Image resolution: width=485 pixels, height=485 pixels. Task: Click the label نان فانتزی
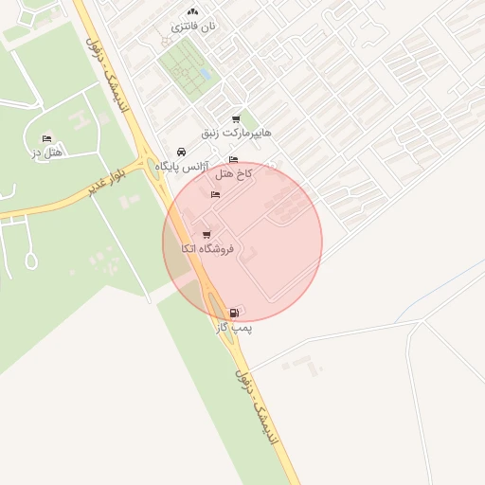click(193, 27)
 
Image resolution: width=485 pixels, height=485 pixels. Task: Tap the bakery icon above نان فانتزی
click(192, 11)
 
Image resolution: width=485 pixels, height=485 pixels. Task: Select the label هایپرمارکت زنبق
click(236, 133)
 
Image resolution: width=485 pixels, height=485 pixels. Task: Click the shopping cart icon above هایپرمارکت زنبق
click(235, 118)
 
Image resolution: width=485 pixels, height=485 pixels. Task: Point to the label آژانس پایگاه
click(180, 166)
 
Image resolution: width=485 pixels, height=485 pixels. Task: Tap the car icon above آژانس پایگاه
click(181, 152)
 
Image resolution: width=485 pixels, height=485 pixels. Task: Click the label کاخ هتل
click(233, 174)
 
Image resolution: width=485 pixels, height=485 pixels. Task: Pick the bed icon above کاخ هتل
click(234, 160)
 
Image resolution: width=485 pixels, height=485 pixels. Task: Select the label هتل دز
click(46, 153)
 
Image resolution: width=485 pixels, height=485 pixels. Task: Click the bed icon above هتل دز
click(46, 138)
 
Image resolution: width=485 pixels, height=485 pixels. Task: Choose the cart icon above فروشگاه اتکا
click(207, 234)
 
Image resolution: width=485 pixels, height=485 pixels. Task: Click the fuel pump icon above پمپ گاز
click(234, 312)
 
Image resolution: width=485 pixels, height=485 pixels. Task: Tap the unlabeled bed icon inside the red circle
click(215, 194)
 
